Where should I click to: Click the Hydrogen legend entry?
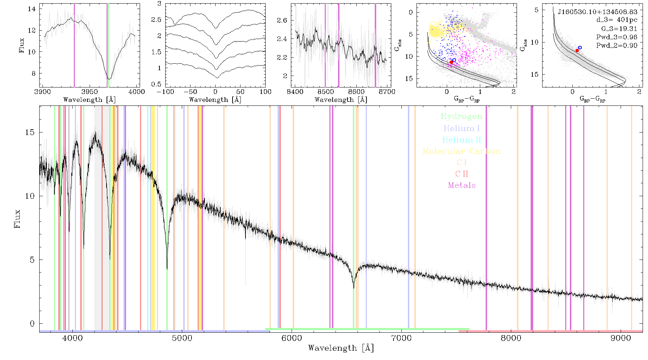(462, 117)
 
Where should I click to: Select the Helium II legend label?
(462, 140)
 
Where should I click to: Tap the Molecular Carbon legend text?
(462, 151)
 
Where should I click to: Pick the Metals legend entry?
(462, 185)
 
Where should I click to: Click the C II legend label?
(462, 174)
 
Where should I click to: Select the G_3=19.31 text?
(619, 29)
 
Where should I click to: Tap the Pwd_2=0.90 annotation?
(617, 46)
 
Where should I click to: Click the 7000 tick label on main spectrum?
(401, 338)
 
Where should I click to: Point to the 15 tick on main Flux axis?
(30, 132)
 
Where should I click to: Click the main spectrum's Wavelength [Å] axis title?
(341, 348)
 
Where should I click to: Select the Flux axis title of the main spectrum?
(17, 219)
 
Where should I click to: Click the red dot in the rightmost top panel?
(577, 50)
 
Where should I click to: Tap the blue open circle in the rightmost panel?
(580, 48)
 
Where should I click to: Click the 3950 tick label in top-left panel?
(89, 92)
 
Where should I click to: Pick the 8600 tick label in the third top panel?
(356, 92)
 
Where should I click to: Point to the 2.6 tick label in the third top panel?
(282, 21)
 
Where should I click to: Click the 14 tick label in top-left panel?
(32, 9)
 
